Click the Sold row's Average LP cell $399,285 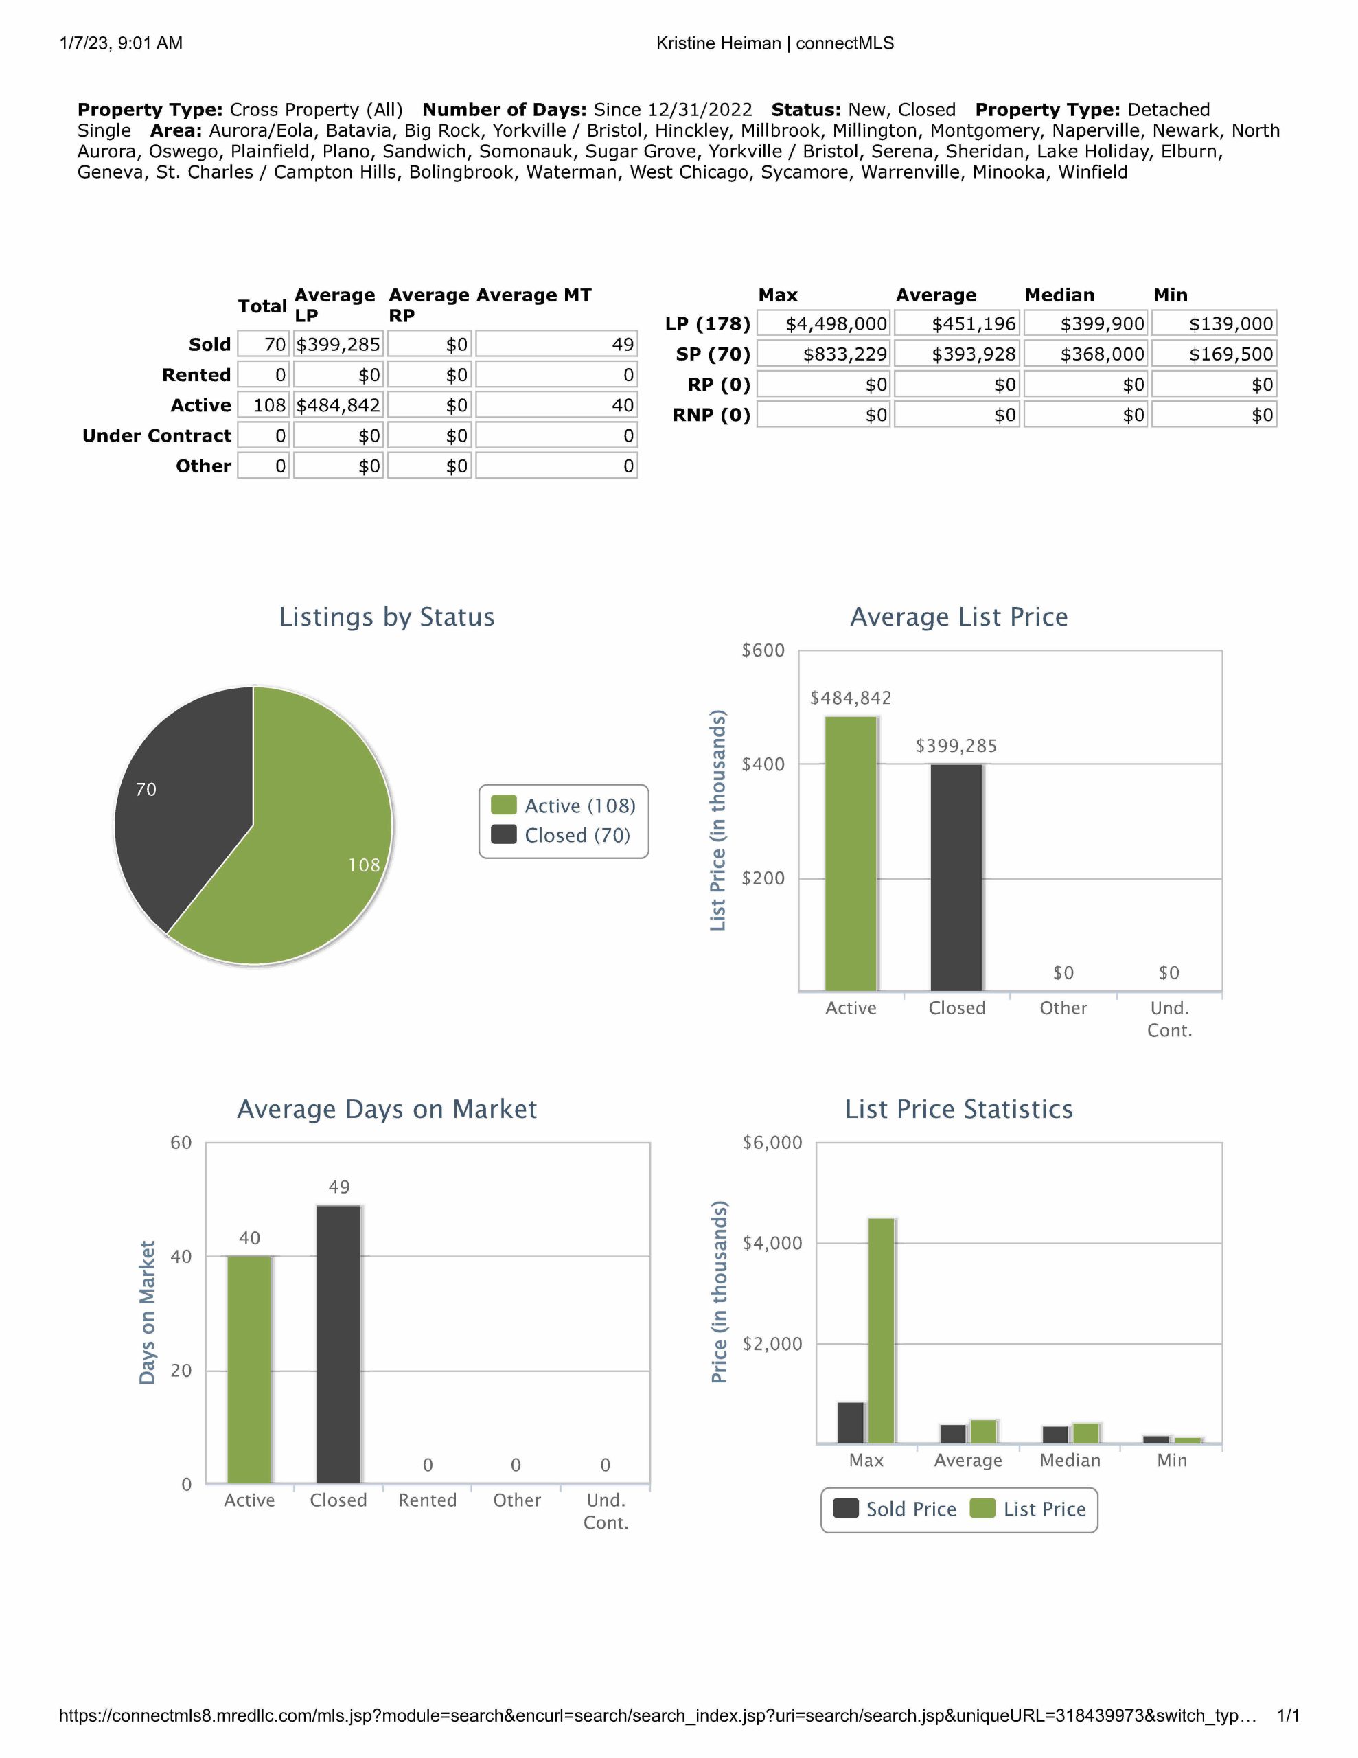click(338, 345)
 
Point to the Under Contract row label click(157, 435)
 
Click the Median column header click(1059, 295)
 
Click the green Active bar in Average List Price click(850, 853)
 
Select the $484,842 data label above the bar click(850, 698)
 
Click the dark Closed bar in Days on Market click(339, 1345)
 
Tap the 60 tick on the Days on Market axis click(181, 1142)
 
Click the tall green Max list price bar click(882, 1328)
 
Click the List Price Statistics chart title click(958, 1109)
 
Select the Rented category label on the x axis click(428, 1500)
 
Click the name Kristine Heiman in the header click(718, 43)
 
